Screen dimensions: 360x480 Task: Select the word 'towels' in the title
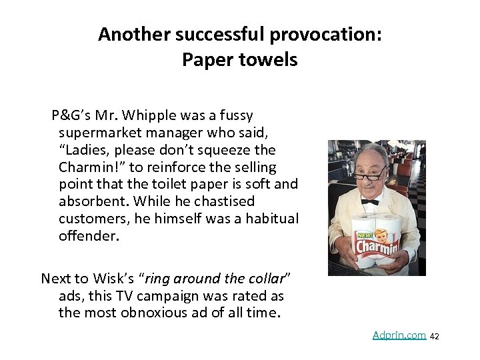[269, 60]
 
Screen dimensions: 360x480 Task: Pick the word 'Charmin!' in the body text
[87, 166]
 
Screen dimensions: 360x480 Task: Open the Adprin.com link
[399, 335]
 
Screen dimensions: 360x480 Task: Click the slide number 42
[435, 337]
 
